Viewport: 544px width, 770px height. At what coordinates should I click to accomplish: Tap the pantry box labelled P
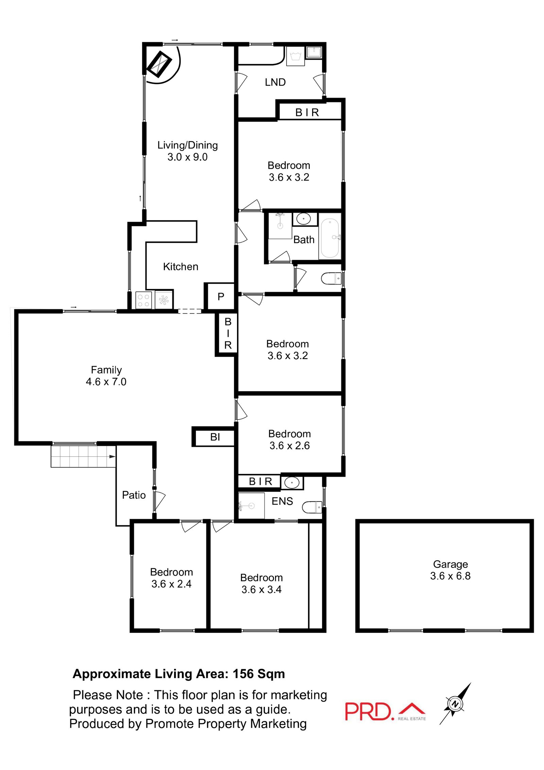point(221,297)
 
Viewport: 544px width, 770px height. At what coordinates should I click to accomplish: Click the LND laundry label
point(275,82)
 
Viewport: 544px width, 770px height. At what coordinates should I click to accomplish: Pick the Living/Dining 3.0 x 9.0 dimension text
point(187,157)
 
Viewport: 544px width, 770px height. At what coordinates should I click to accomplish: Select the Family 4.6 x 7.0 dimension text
point(106,382)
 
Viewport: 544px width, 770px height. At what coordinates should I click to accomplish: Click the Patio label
point(134,495)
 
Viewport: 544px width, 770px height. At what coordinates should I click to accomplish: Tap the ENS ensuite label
point(282,501)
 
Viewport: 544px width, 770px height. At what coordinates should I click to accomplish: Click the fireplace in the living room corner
point(159,64)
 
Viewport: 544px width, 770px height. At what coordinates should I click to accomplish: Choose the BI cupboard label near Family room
point(215,437)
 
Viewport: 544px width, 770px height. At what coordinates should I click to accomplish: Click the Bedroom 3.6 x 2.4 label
point(171,578)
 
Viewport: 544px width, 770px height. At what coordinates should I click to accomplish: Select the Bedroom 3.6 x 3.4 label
point(261,584)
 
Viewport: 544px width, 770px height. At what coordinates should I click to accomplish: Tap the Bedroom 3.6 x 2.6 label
point(289,440)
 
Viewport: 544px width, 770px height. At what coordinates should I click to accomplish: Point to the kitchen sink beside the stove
point(164,300)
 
